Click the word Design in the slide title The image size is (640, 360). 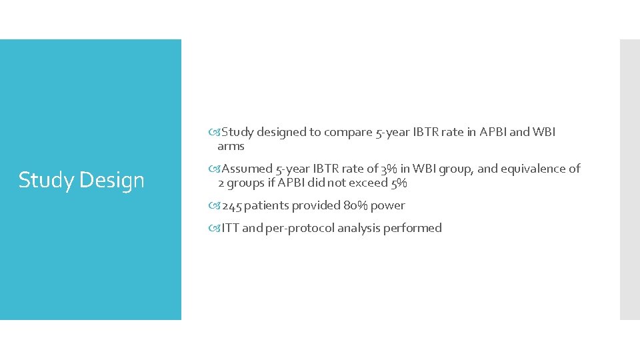point(113,180)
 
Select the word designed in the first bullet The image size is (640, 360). point(280,132)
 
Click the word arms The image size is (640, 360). point(231,147)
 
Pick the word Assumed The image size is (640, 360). point(247,169)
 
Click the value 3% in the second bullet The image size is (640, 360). point(389,169)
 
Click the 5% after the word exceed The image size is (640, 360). point(397,183)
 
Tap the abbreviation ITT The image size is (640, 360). point(230,228)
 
